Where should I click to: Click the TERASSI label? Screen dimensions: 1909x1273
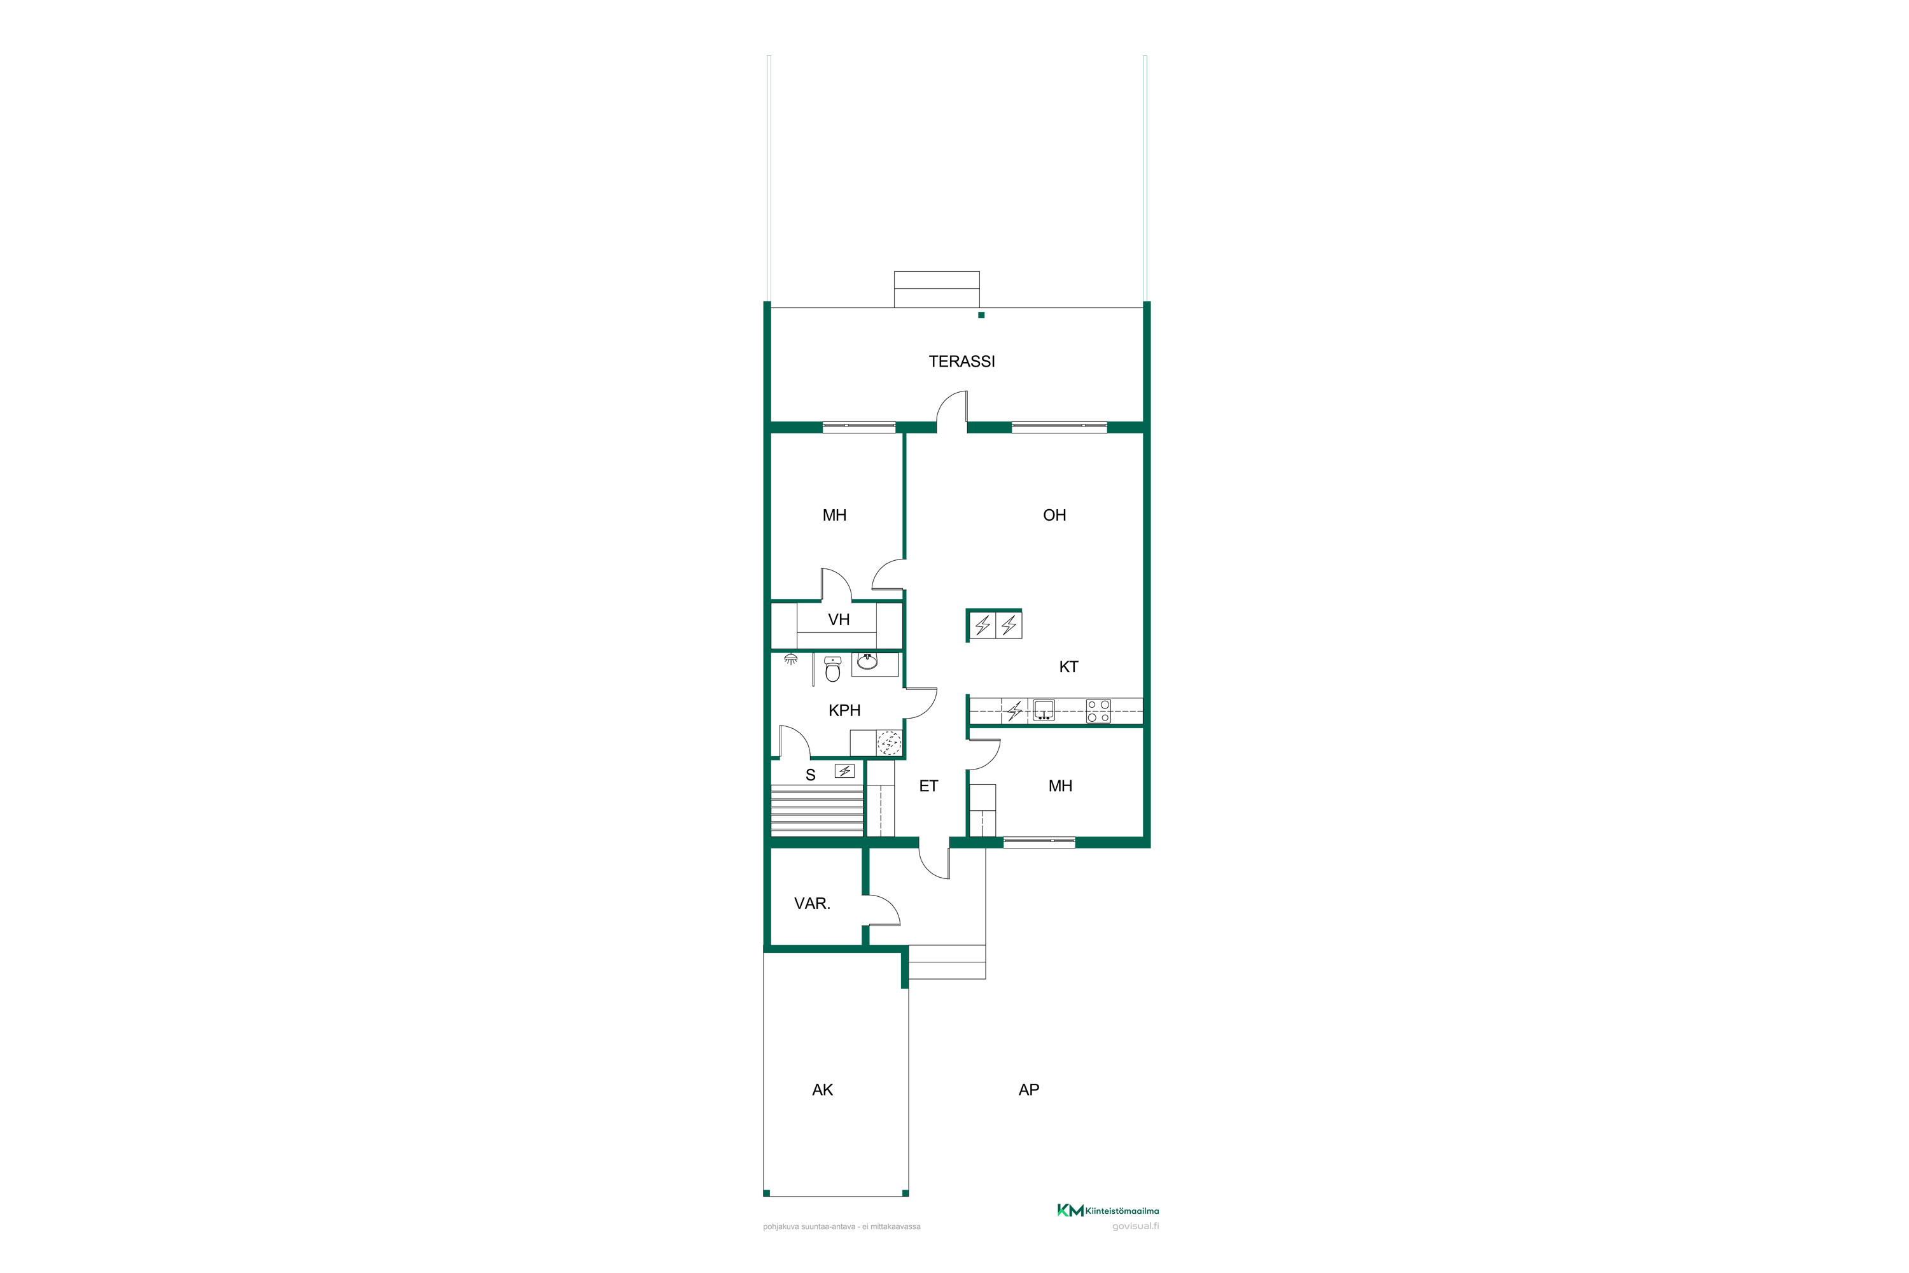click(x=961, y=362)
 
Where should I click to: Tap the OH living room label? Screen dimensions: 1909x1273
click(x=1054, y=515)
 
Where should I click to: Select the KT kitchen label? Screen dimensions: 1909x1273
click(x=1068, y=666)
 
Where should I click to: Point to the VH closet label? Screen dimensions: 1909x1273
click(x=839, y=619)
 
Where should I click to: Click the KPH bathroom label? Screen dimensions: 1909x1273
click(x=844, y=710)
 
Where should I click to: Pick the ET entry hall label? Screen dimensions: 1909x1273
click(x=928, y=786)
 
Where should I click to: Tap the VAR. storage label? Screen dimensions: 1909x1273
click(x=812, y=904)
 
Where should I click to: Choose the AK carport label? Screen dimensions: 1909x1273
click(x=822, y=1090)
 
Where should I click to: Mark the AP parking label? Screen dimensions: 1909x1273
click(x=1028, y=1090)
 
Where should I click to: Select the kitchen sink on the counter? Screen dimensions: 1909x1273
click(x=1044, y=710)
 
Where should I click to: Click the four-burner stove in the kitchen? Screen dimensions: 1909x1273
click(x=1098, y=711)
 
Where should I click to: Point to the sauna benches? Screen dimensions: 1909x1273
click(x=817, y=810)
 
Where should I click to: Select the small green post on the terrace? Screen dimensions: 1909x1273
click(x=981, y=315)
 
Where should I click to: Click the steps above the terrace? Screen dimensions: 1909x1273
click(x=937, y=289)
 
